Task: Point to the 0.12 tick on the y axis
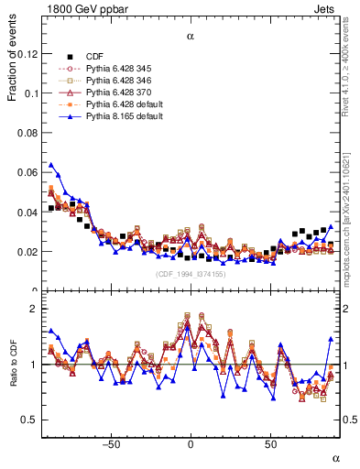point(29,54)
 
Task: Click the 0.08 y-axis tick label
point(29,133)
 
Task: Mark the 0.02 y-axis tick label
point(29,251)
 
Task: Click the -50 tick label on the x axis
point(111,445)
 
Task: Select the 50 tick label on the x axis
point(270,445)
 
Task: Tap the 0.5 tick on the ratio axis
point(31,420)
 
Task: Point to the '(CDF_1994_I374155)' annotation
point(191,273)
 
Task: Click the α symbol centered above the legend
point(191,37)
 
